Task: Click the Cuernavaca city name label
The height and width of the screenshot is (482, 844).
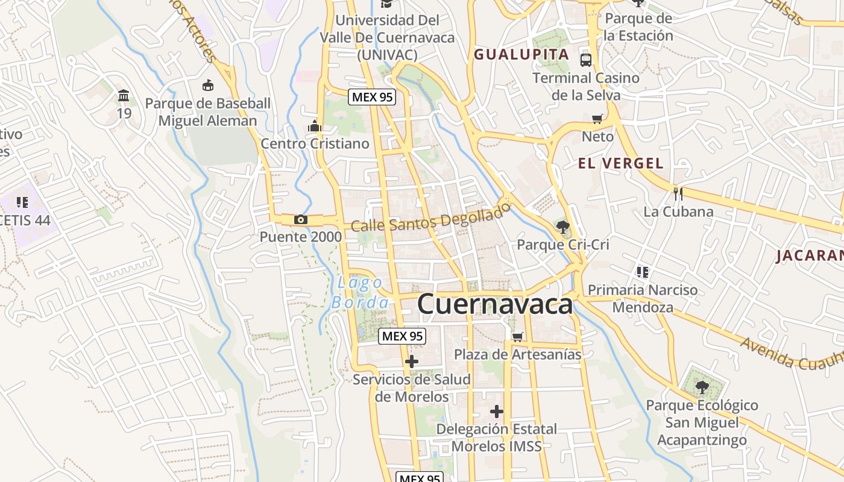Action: click(x=494, y=304)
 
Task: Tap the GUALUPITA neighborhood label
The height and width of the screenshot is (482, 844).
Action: click(x=521, y=54)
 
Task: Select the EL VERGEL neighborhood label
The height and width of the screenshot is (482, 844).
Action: click(x=620, y=163)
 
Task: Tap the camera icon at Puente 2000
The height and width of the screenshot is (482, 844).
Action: click(x=301, y=219)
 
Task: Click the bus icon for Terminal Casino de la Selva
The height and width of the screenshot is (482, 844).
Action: click(x=586, y=60)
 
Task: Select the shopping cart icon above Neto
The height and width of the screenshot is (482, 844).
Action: click(x=597, y=119)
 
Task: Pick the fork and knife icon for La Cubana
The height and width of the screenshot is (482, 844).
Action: click(x=678, y=193)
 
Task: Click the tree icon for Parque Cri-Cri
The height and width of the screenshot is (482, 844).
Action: click(x=563, y=227)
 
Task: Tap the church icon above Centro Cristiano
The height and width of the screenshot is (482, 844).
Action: click(x=315, y=126)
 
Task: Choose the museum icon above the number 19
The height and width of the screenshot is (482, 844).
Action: click(x=124, y=95)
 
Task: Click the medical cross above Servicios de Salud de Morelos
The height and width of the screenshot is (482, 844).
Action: click(x=412, y=361)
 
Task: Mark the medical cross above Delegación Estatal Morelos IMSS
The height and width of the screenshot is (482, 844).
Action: click(x=496, y=412)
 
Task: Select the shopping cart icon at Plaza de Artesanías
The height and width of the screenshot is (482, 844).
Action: click(x=517, y=337)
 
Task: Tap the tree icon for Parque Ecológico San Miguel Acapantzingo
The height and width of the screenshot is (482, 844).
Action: click(x=702, y=387)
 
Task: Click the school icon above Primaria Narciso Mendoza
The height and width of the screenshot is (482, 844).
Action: click(x=643, y=272)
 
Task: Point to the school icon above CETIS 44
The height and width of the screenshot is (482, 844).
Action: click(x=22, y=202)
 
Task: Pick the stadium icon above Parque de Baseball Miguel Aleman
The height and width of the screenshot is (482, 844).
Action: click(x=208, y=85)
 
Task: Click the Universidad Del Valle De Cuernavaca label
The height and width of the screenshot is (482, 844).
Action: click(x=387, y=37)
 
